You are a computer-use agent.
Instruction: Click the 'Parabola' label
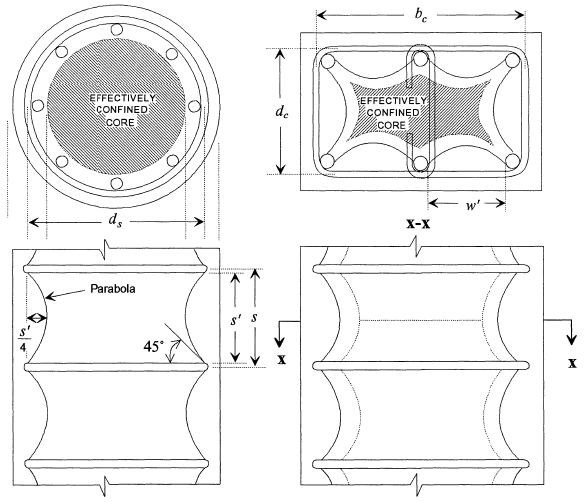[112, 289]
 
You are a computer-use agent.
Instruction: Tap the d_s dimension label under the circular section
[115, 221]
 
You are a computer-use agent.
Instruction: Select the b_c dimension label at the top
[421, 15]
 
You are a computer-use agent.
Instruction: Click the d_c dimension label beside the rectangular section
[282, 111]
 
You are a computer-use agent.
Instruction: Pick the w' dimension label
[473, 204]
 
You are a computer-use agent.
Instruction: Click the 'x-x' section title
[419, 224]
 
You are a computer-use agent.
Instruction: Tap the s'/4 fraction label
[24, 340]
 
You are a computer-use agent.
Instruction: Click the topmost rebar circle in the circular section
[116, 29]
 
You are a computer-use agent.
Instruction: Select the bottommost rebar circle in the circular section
[116, 184]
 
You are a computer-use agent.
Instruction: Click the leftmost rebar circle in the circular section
[38, 106]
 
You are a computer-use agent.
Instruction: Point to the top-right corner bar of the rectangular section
[512, 60]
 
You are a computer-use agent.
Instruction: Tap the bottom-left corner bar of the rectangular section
[327, 162]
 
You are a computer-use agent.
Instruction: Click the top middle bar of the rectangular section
[421, 58]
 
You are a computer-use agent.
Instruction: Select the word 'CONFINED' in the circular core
[121, 110]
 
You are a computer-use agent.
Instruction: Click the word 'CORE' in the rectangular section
[391, 125]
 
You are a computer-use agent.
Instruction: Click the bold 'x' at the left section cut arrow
[282, 360]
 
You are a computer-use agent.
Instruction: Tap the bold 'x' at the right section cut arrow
[572, 363]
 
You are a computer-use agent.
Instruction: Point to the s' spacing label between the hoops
[236, 320]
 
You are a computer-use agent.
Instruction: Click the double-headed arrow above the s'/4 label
[37, 318]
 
